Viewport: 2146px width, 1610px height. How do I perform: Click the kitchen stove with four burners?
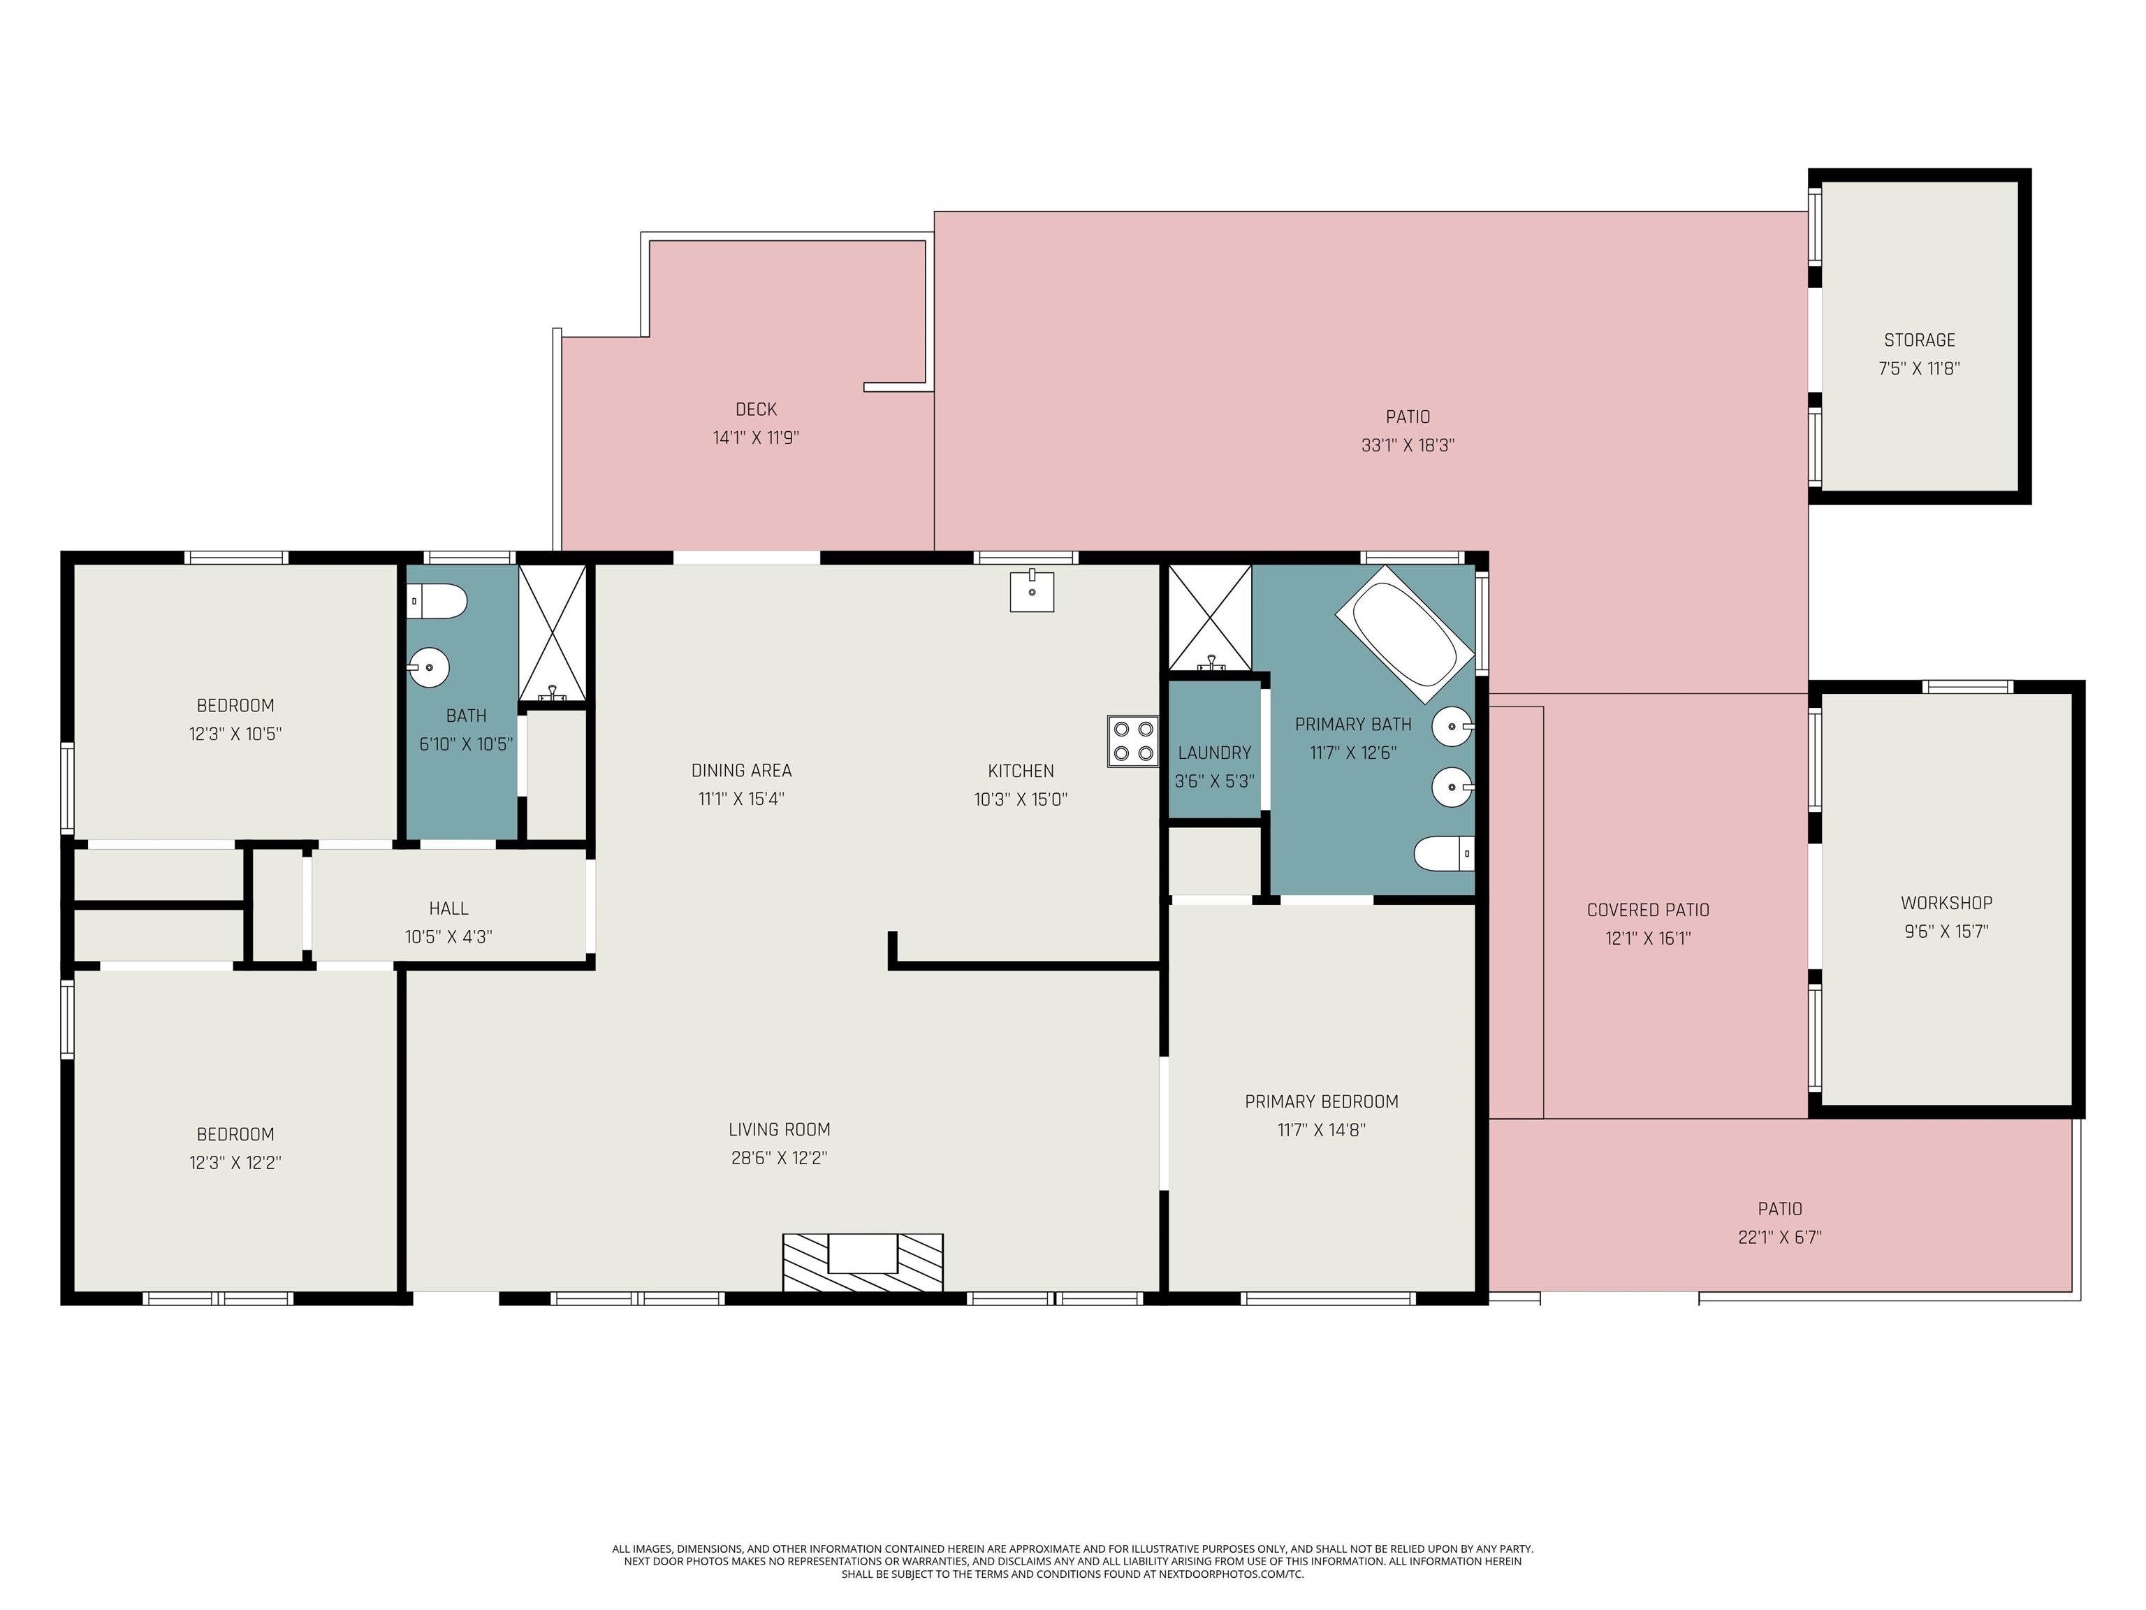1133,741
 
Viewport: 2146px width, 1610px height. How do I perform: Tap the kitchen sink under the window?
1032,590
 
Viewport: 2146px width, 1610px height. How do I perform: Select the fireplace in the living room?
863,1263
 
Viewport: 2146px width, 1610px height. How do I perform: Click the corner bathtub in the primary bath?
1405,634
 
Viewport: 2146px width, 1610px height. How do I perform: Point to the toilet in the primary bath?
1445,854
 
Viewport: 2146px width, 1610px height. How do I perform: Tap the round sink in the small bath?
428,667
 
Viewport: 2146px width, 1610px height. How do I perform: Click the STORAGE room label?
1919,340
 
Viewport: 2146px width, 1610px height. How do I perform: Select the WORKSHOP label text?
1946,903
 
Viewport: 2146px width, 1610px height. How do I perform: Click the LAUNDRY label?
1213,752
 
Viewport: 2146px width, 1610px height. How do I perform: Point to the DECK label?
756,409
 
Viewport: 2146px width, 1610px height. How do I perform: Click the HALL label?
448,908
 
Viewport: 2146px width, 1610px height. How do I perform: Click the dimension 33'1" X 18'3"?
1408,445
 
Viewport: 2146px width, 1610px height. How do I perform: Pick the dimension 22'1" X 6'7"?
1779,1238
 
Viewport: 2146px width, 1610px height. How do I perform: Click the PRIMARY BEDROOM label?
1322,1101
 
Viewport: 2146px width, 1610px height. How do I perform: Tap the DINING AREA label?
741,771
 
